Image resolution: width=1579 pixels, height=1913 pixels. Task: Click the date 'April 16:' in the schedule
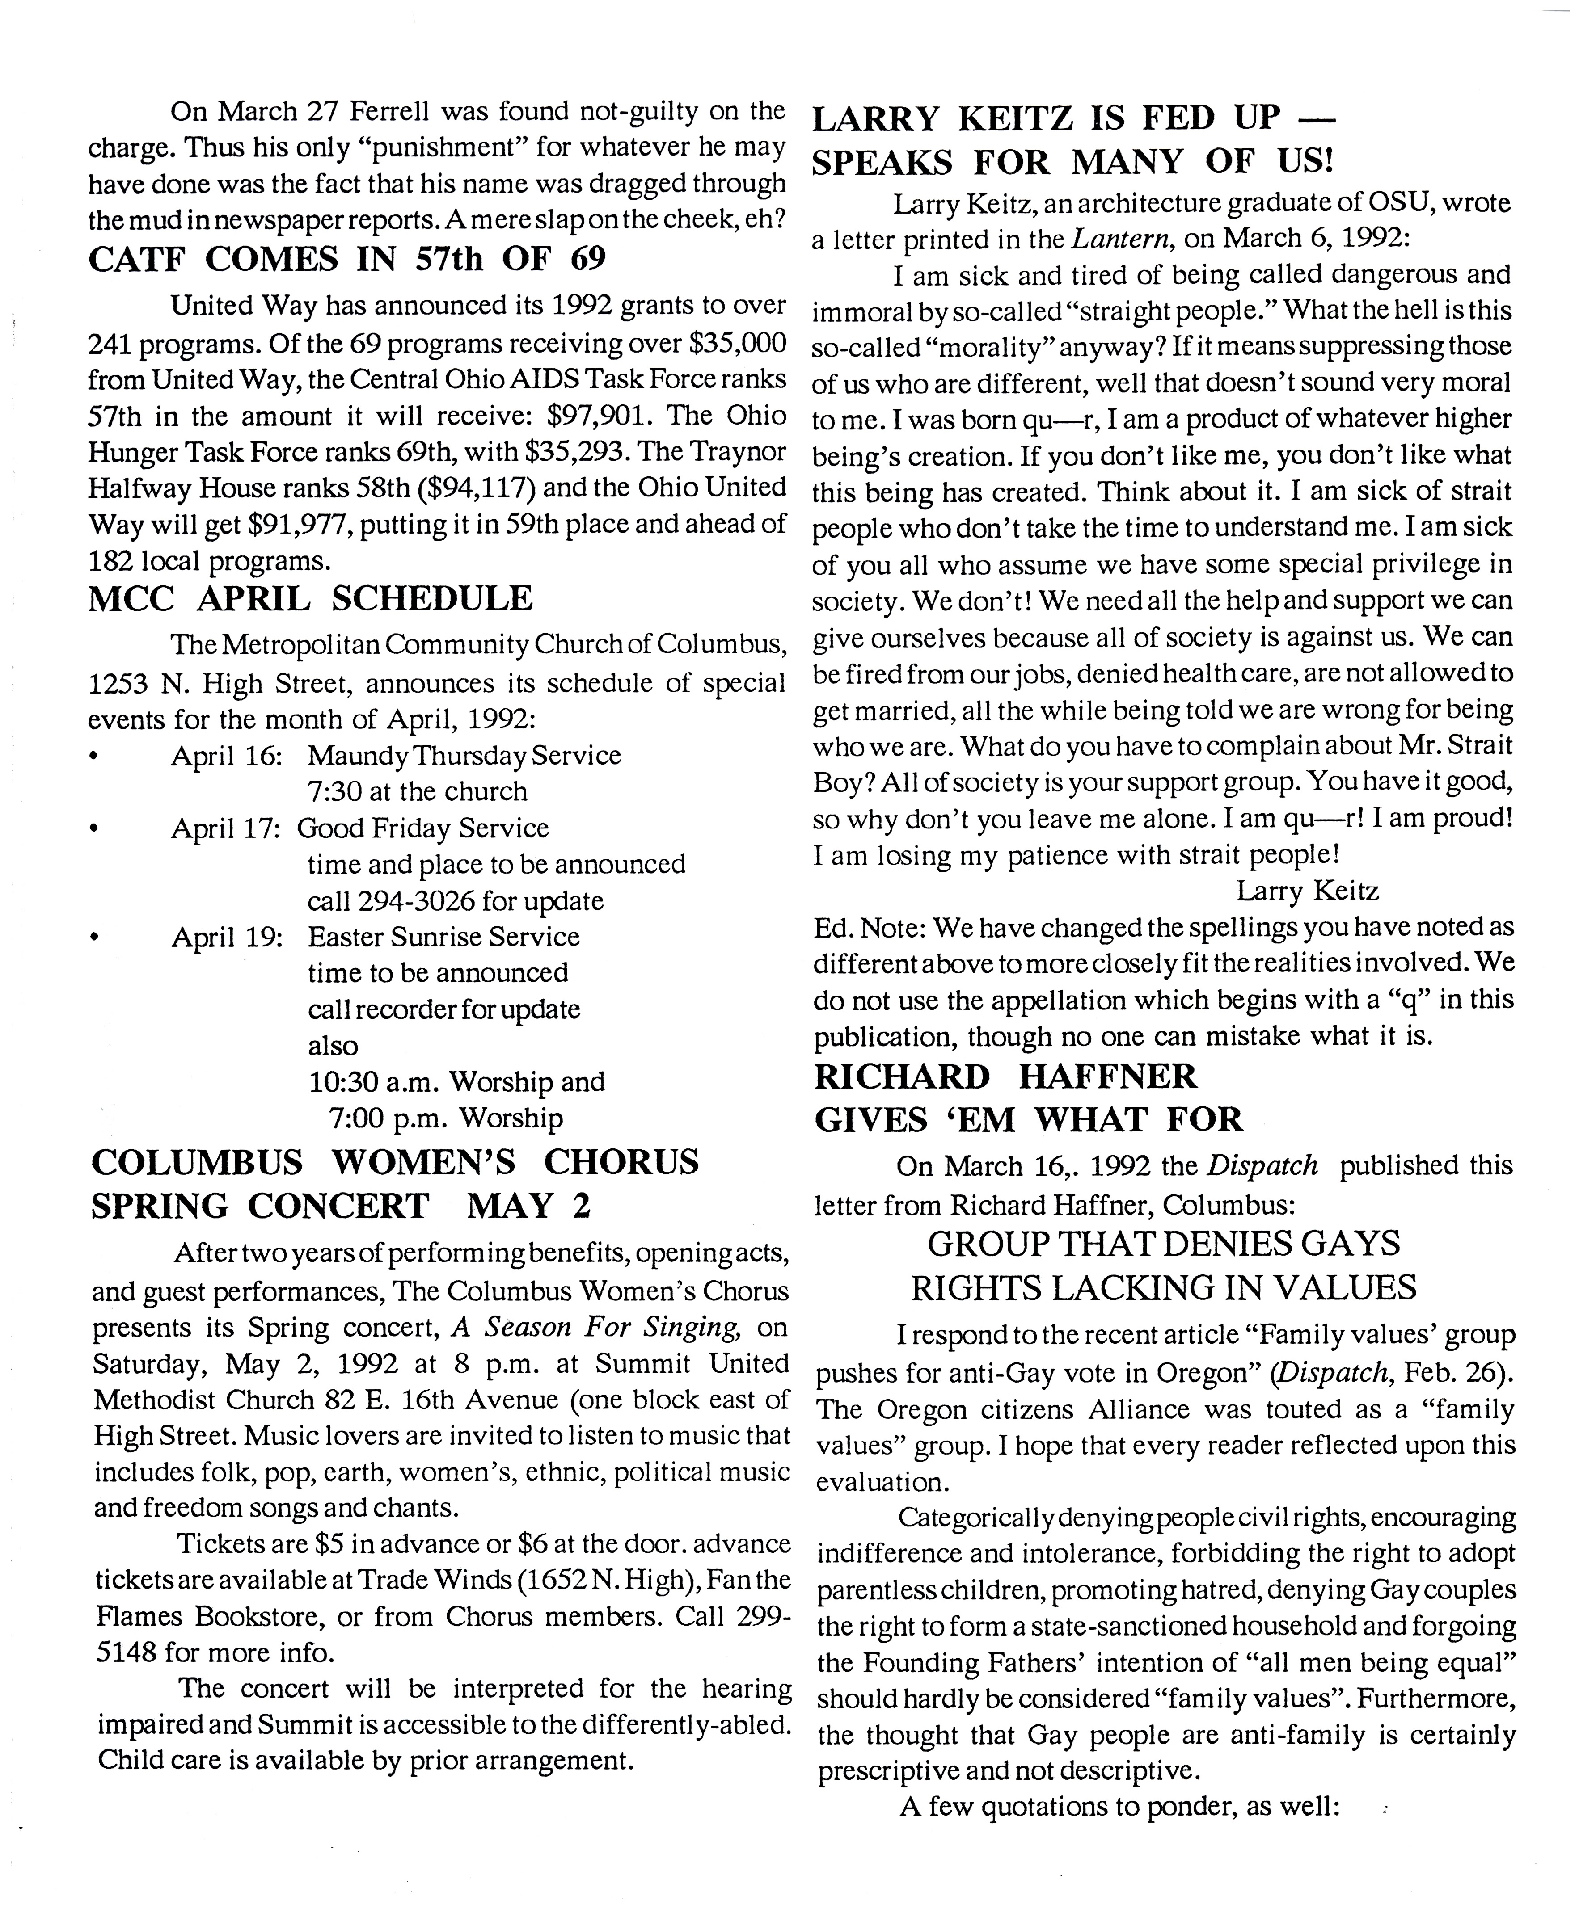click(227, 756)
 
